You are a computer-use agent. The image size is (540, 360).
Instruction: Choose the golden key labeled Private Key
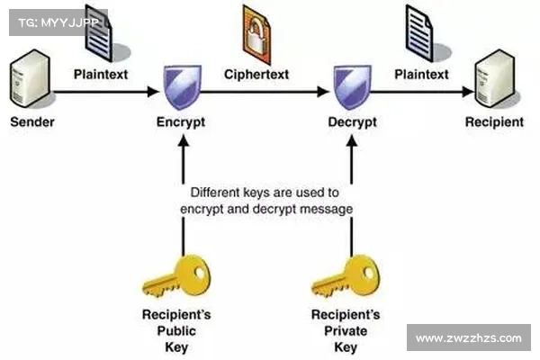coord(347,274)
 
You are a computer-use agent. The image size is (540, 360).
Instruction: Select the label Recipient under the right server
coord(493,121)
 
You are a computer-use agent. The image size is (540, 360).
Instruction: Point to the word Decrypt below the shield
coord(351,121)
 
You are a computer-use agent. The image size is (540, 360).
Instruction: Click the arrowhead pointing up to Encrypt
coord(183,143)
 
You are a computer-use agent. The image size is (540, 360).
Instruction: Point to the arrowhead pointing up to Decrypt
coord(352,143)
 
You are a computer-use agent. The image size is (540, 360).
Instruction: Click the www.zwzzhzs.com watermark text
coord(468,338)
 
